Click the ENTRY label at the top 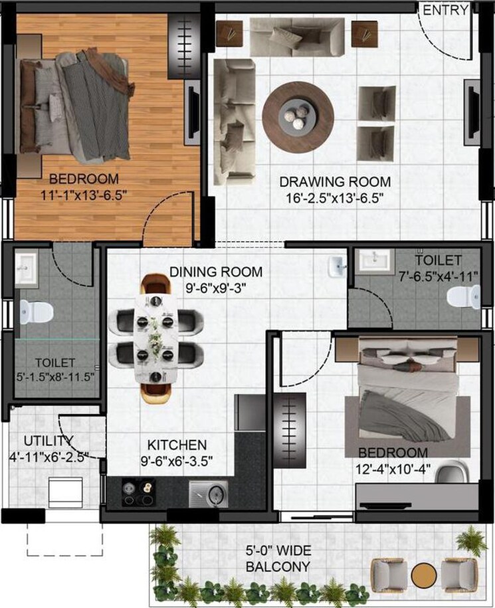(x=446, y=10)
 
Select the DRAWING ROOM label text (x=334, y=181)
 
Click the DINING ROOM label (x=215, y=272)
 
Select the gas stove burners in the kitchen (x=136, y=493)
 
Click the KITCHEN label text (x=177, y=445)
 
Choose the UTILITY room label (x=49, y=441)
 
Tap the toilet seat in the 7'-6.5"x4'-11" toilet (x=462, y=297)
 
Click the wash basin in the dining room (x=337, y=267)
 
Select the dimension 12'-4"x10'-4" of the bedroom (x=395, y=469)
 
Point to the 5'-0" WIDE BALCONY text (x=278, y=559)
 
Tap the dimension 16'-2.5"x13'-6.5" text (x=334, y=198)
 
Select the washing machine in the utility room (x=64, y=491)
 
